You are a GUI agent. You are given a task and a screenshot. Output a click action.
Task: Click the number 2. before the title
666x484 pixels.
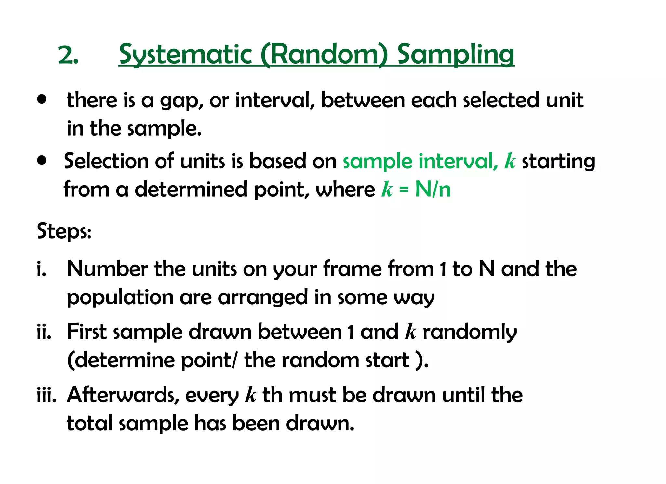[68, 55]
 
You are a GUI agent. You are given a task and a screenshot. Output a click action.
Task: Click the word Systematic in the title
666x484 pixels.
[185, 54]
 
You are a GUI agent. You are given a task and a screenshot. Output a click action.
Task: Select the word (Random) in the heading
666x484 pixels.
[324, 54]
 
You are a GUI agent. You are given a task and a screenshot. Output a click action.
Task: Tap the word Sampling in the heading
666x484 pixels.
[456, 54]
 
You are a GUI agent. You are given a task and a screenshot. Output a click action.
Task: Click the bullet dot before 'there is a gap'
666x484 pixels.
[42, 99]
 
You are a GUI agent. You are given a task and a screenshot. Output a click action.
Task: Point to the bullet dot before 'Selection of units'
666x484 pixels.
[42, 160]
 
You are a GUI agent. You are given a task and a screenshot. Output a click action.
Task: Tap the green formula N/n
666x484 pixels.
[433, 189]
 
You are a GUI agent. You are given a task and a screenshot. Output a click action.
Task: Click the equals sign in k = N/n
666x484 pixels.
[404, 190]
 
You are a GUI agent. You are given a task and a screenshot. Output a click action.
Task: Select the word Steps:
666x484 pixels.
[64, 231]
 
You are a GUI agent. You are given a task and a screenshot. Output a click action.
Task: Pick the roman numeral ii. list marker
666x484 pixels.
[44, 332]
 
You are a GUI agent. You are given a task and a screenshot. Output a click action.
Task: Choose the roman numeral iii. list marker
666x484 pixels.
[47, 395]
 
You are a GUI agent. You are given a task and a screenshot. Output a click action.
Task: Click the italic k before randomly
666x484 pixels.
[410, 332]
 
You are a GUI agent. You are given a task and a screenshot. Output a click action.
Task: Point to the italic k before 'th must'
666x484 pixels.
[250, 395]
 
